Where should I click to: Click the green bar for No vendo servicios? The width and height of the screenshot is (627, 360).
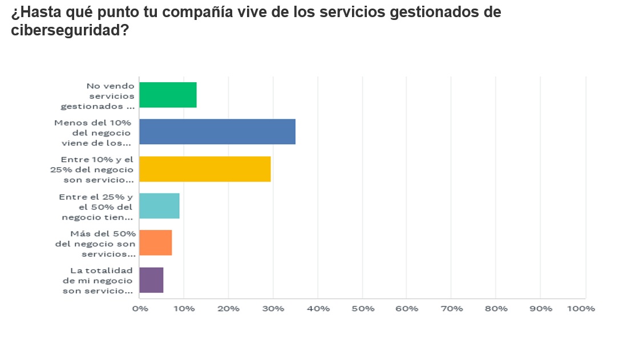tap(168, 95)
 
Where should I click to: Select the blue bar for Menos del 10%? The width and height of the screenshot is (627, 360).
tap(217, 132)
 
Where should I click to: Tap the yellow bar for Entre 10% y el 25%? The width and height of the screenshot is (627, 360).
tap(205, 169)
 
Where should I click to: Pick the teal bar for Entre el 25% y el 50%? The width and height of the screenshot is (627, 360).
tap(159, 206)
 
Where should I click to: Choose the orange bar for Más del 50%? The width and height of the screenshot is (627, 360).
tap(155, 242)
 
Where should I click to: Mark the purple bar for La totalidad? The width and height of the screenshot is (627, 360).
tap(151, 280)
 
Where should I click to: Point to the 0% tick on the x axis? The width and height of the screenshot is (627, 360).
tap(140, 309)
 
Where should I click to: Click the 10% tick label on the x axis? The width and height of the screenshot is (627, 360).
tap(184, 309)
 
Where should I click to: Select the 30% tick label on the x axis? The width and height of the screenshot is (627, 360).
tap(273, 309)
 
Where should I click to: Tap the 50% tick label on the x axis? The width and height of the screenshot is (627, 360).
tap(362, 309)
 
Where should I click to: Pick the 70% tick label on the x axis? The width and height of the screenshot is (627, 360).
tap(451, 309)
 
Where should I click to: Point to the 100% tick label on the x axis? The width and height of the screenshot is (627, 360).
tap(581, 309)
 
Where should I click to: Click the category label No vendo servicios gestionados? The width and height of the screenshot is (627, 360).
tap(99, 95)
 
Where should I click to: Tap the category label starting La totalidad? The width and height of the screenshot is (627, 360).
tap(99, 280)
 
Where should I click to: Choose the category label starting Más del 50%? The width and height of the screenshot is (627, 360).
tap(96, 243)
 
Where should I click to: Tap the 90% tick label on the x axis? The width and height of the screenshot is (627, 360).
tap(540, 309)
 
